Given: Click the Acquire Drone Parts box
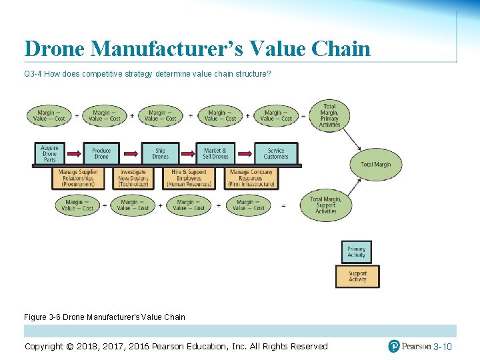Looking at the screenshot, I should pos(50,154).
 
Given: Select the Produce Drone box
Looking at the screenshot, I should pos(101,154).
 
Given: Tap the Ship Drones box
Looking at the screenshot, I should pos(160,154).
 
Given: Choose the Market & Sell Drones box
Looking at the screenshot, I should pos(215,154).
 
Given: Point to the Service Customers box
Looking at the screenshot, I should pos(275,154).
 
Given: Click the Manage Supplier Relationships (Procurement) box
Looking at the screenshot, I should pos(78,178).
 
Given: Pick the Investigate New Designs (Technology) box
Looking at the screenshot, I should pos(133,178).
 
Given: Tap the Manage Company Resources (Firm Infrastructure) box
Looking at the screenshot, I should pos(251,178).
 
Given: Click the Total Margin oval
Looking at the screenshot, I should pos(376,165).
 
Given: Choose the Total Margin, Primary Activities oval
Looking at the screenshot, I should pos(329,115).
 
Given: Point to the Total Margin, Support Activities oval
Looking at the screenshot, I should pos(326,205).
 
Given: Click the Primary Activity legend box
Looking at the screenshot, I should pos(356,252).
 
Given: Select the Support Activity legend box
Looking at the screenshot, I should pos(357,276).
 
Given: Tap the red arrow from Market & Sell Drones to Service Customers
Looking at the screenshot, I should pos(245,154).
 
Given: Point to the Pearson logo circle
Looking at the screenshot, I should pos(394,346).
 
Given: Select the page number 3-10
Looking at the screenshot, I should pos(443,347).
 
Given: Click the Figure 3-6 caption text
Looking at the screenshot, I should pos(105,317).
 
